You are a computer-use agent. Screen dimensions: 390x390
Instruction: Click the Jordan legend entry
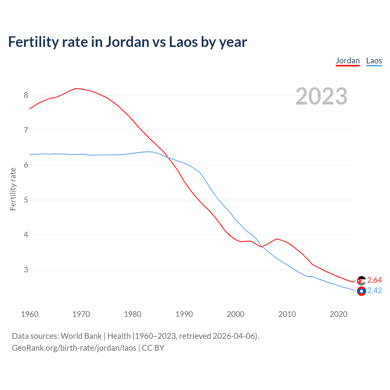point(348,61)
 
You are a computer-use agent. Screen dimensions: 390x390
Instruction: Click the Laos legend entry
point(374,61)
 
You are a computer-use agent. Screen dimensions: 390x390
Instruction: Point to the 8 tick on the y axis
point(26,95)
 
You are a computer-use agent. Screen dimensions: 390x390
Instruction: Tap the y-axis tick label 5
point(26,200)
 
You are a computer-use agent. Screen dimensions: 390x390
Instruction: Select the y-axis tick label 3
point(26,270)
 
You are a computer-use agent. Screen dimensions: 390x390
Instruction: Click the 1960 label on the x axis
point(30,314)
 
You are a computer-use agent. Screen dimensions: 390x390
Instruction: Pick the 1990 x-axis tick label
point(184,314)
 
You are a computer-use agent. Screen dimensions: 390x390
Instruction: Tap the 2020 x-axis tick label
point(339,314)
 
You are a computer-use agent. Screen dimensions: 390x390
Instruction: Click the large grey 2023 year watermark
point(321,96)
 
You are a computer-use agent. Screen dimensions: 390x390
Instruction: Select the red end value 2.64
point(374,280)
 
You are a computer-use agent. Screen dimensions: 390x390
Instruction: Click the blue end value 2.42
point(374,290)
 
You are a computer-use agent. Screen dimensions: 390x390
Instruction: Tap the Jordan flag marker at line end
point(361,281)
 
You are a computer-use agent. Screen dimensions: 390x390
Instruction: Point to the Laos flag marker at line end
point(361,291)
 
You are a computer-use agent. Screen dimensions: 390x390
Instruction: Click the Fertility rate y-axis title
point(13,189)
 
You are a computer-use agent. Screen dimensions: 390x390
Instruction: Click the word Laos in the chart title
point(183,42)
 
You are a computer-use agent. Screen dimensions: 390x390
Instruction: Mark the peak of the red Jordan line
point(76,88)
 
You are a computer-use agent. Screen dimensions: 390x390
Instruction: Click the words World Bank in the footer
point(81,336)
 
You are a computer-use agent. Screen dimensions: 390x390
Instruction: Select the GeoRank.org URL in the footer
point(74,348)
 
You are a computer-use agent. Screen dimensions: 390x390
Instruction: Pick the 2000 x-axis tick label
point(236,314)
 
